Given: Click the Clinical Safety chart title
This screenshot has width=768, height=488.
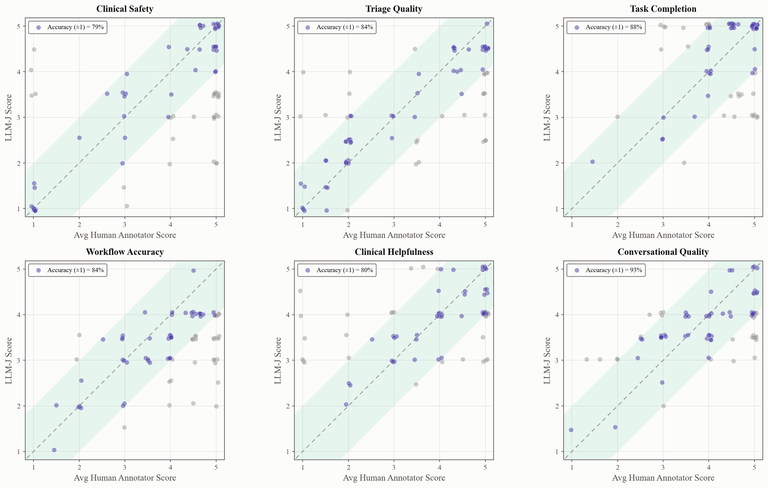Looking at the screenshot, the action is coord(124,9).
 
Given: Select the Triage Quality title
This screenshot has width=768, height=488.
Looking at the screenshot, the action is coord(394,9).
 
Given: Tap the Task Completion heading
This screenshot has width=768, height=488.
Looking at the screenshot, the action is coord(663,9).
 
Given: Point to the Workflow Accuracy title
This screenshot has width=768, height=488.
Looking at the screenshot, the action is coord(124,252).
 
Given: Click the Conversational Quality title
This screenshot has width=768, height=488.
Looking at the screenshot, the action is coord(663,252).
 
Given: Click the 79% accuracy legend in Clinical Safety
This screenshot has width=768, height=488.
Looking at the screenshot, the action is coord(68,27).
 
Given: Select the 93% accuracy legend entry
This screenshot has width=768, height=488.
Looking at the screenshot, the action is coord(606,270).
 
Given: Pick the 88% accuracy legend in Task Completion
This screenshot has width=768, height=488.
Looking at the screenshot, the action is coord(606,27).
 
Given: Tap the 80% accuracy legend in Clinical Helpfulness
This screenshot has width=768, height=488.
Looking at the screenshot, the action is coord(337,270).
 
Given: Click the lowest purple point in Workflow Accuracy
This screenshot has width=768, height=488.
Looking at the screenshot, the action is coord(54,450).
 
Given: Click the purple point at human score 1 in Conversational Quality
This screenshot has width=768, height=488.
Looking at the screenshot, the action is coord(571,430).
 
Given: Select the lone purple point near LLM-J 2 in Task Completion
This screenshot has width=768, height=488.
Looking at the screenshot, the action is coord(592,162).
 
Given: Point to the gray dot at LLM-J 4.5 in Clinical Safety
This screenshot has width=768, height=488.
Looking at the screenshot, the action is coord(34,50).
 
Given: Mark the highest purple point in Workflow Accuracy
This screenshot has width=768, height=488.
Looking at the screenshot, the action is coord(193,271).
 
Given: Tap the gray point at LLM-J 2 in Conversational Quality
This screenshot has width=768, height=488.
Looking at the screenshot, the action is coord(663,406).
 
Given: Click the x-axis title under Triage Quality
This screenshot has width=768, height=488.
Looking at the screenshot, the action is coord(394,235).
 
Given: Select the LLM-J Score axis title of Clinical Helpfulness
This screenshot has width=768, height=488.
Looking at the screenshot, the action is coord(278,360).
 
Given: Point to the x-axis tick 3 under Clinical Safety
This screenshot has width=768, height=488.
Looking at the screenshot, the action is coord(125,225).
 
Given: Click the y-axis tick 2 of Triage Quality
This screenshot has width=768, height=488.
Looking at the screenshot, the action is coord(288,163).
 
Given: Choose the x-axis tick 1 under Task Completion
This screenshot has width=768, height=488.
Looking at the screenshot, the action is coord(572,225).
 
